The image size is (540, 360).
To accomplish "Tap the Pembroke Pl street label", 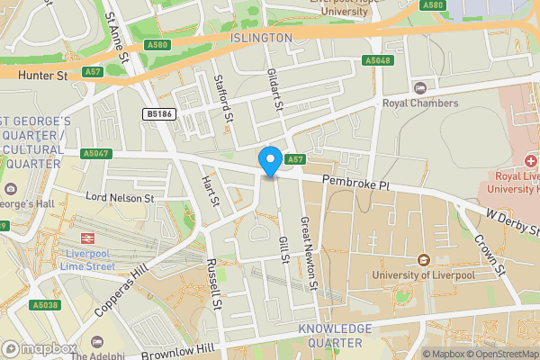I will coord(355,184).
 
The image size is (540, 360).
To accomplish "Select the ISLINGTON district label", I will coord(261,38).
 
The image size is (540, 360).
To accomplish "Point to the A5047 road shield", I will coord(94,154).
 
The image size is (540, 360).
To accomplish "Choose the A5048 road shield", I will coord(377,60).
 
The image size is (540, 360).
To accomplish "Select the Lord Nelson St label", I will coord(120,197).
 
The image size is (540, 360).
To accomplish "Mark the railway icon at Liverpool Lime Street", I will coord(88,238).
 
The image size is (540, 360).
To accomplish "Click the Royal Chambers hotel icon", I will coord(419,87).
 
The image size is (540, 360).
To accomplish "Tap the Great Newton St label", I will coord(309,254).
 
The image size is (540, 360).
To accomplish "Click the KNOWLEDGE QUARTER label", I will coord(335,335).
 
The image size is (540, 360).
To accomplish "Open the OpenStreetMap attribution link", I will coord(498,354).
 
